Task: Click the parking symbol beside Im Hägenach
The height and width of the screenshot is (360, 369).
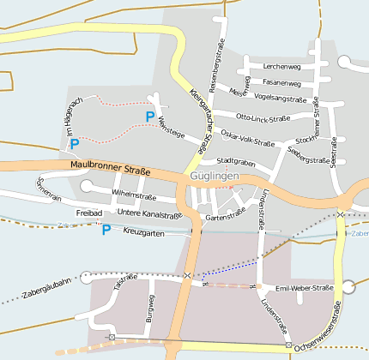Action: (x=75, y=143)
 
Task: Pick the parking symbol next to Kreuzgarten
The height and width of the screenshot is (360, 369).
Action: (x=106, y=230)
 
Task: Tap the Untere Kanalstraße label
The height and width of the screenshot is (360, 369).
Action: (x=148, y=213)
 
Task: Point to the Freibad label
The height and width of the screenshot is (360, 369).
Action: (x=89, y=213)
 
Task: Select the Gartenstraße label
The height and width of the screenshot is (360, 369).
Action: (x=227, y=218)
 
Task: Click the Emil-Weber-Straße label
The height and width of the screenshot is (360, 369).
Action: (x=304, y=288)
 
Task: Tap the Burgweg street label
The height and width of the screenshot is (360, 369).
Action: (x=151, y=307)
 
